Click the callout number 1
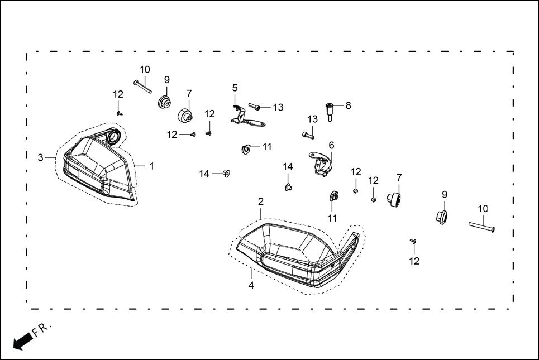coord(151,166)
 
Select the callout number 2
coord(261,201)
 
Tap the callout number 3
coord(40,158)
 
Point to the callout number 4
coord(251,285)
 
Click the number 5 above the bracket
coord(235,88)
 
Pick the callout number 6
coord(331,145)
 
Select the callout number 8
coord(348,105)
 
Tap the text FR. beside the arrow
coord(42,329)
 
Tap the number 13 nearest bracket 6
coord(313,119)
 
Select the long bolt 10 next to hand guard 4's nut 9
coord(481,226)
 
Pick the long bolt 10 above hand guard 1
coord(142,86)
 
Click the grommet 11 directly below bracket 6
coord(333,197)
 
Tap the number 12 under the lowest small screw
coord(414,261)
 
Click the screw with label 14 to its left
coord(226,174)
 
